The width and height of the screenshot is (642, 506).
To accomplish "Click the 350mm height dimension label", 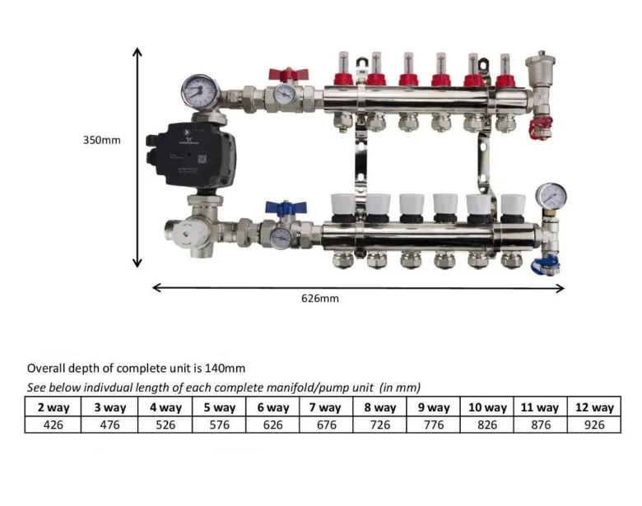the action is pyautogui.click(x=102, y=140).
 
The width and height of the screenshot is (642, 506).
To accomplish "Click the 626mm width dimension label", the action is pyautogui.click(x=320, y=299).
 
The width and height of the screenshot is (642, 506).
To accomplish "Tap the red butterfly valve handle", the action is pyautogui.click(x=289, y=75).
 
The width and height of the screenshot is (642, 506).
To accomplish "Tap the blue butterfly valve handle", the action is pyautogui.click(x=286, y=207).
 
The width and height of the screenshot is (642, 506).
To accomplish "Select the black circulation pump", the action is pyautogui.click(x=192, y=154).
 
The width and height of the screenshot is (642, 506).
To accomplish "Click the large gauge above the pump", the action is pyautogui.click(x=200, y=91).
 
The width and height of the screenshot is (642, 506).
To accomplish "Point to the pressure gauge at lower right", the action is pyautogui.click(x=551, y=196).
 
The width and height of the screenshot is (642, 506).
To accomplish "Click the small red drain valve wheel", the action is pyautogui.click(x=541, y=128).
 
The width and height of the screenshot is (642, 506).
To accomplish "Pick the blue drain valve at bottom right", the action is pyautogui.click(x=546, y=265).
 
